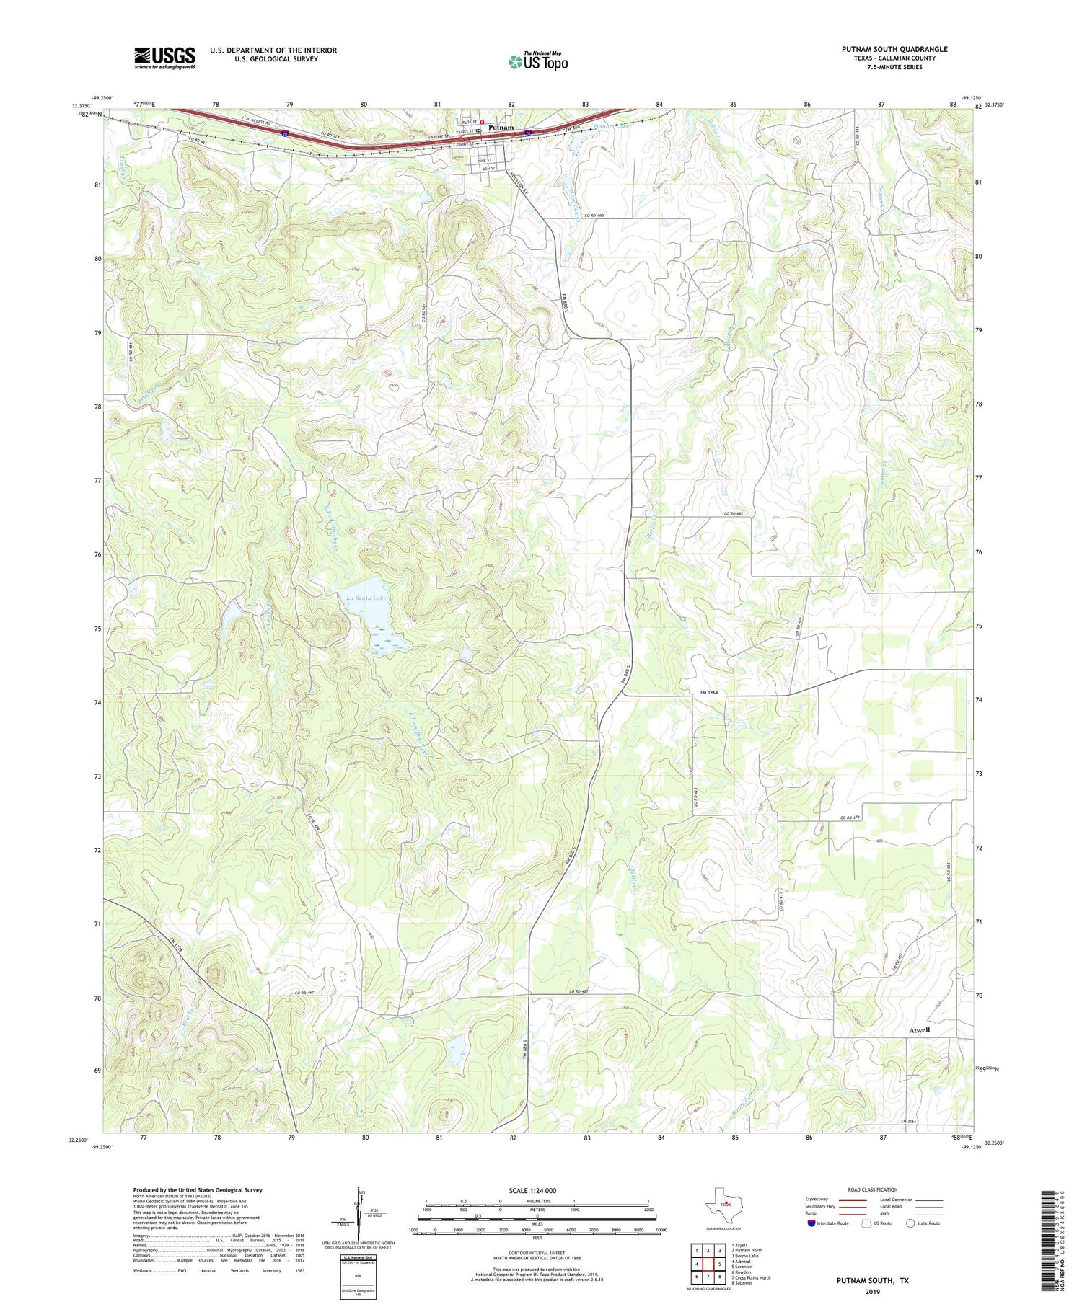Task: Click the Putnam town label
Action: coord(501,128)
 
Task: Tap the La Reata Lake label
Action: coord(366,598)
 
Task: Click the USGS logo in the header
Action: coord(164,58)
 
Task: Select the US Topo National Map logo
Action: coord(537,61)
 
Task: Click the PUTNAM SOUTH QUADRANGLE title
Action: coord(894,49)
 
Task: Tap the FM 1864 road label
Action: coord(711,692)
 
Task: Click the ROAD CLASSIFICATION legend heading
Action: coord(873,1189)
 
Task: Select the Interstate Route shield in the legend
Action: coord(812,1223)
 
